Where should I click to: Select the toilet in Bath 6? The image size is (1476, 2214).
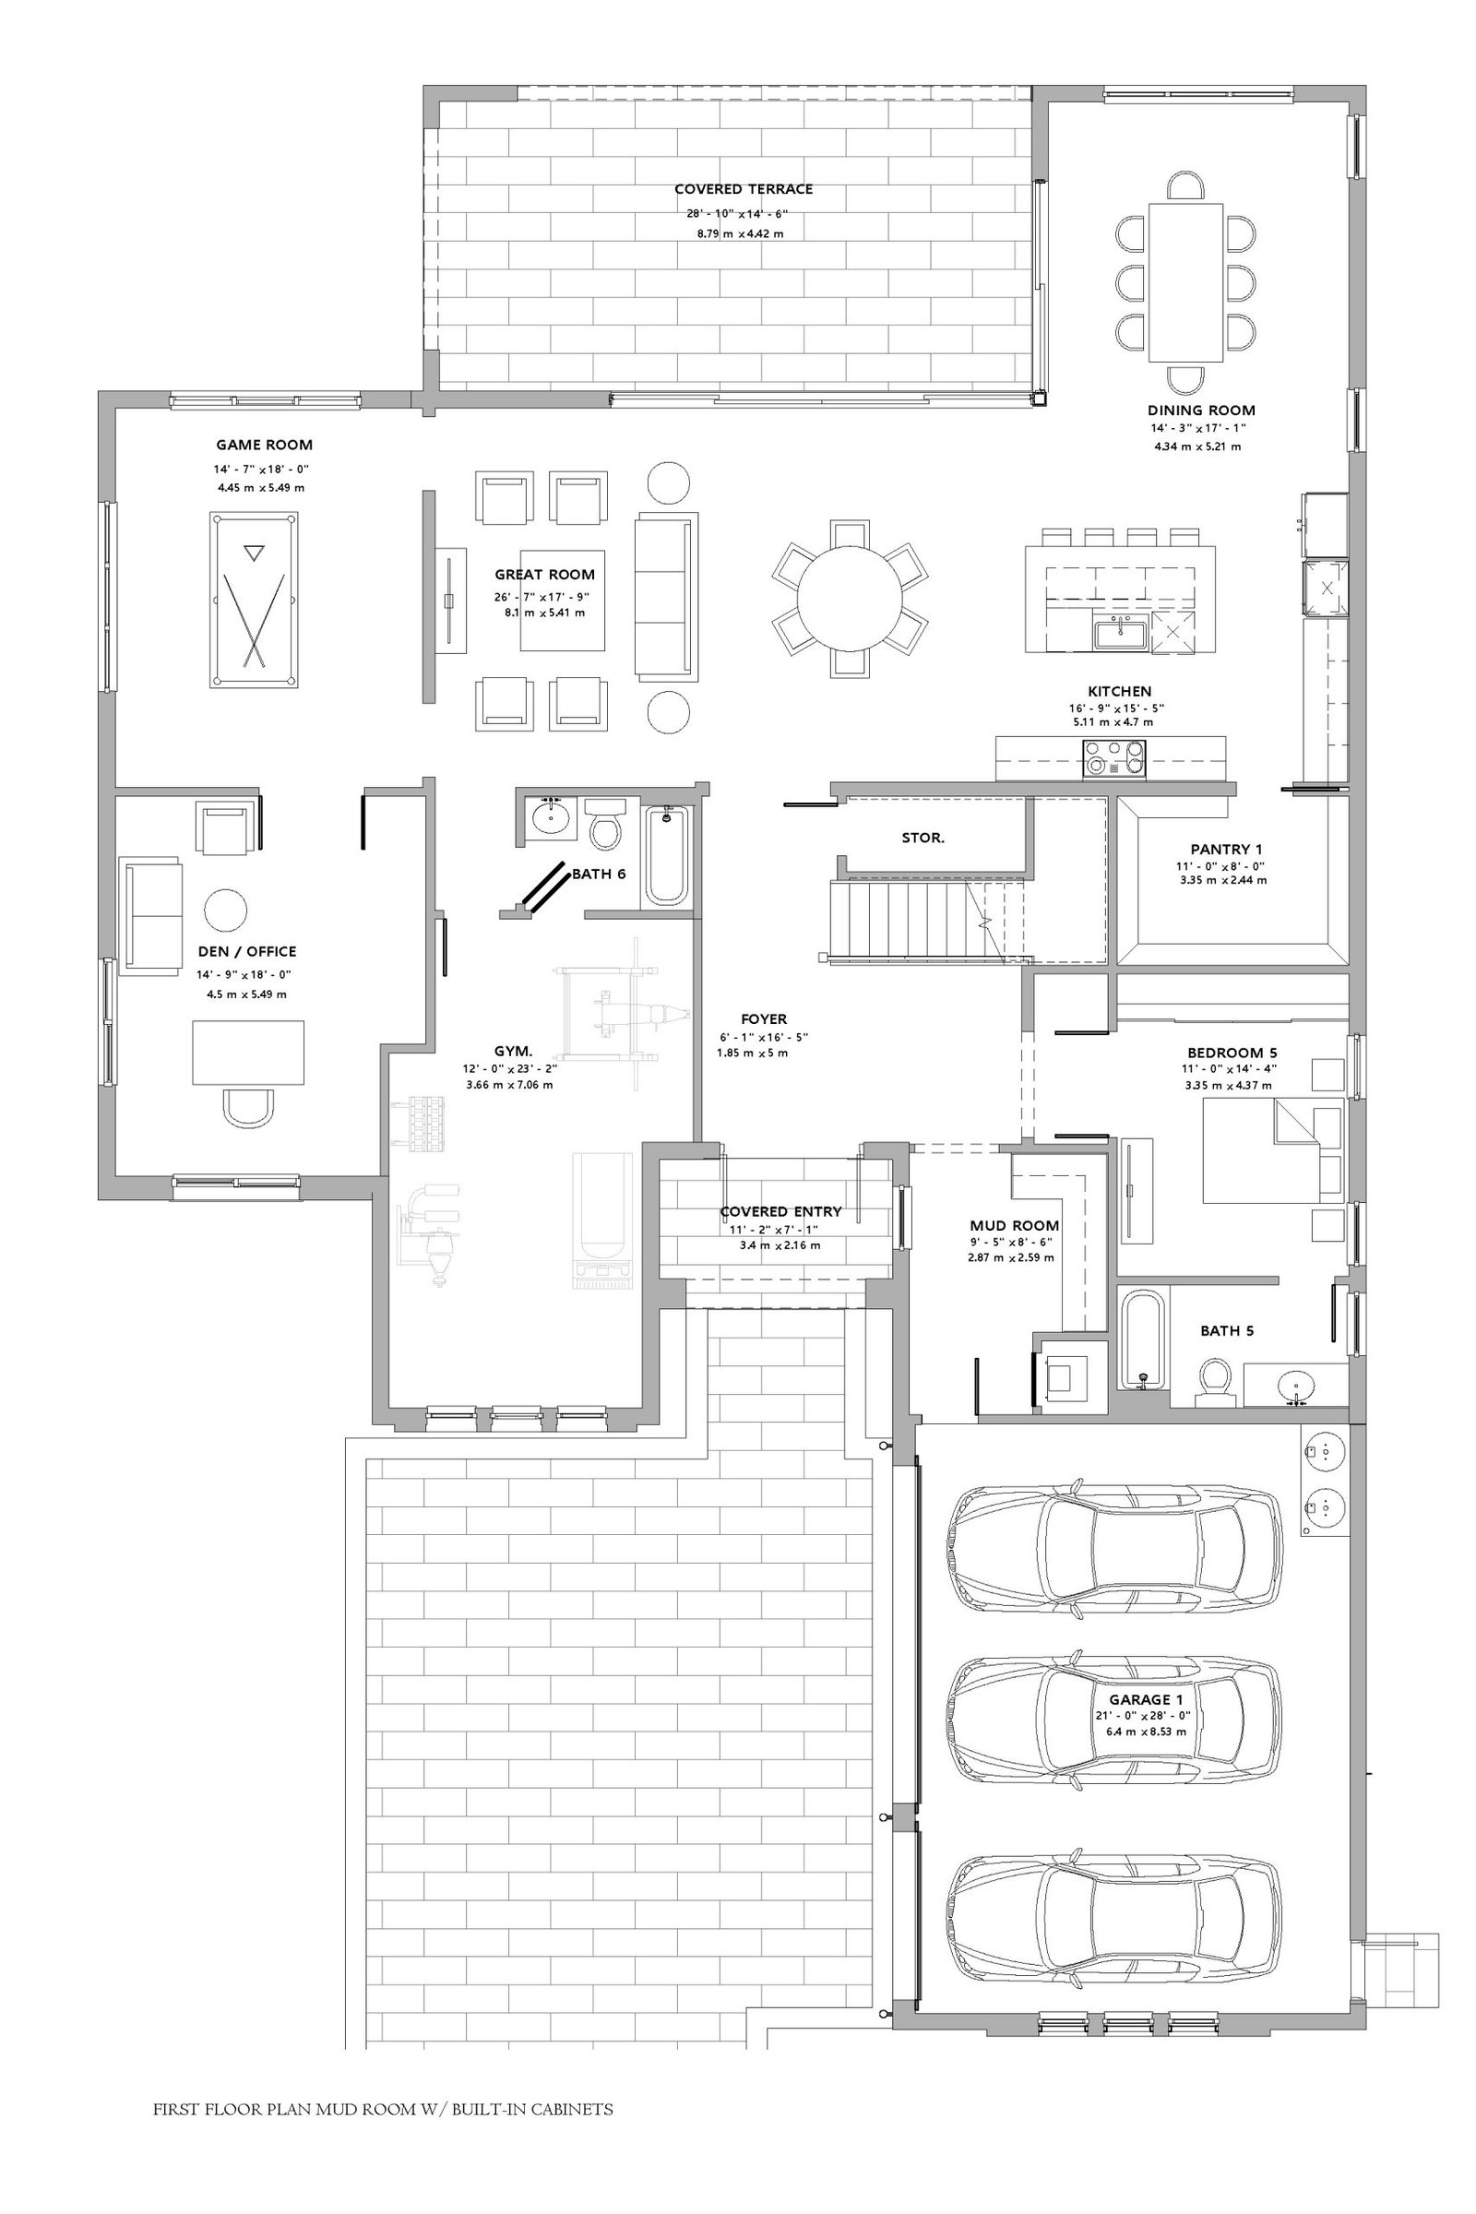(604, 823)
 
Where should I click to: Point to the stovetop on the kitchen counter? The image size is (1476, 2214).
(1115, 756)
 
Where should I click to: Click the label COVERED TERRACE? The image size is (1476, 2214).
(744, 189)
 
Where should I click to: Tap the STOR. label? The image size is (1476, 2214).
(922, 838)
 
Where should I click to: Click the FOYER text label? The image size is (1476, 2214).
(764, 1019)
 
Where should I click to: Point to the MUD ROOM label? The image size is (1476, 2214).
(1014, 1226)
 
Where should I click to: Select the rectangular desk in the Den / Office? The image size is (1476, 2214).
(248, 1053)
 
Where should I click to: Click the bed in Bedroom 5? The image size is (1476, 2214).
(1273, 1150)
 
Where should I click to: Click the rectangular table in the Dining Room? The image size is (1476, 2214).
(1185, 282)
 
